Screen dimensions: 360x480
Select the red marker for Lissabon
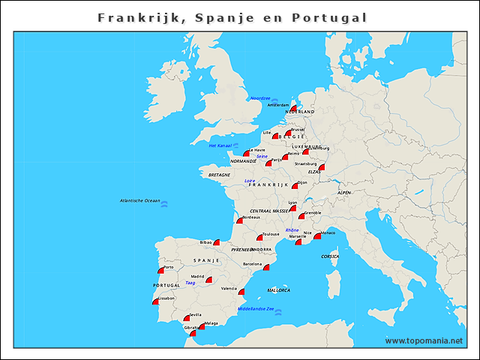click(156, 301)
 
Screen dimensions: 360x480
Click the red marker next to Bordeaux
click(240, 220)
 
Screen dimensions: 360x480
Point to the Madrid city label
click(198, 277)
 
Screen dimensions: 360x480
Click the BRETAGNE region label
click(220, 174)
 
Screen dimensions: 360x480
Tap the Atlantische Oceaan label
click(140, 200)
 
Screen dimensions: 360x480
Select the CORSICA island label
click(330, 256)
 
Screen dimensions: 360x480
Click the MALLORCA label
click(278, 289)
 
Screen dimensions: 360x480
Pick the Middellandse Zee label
click(255, 309)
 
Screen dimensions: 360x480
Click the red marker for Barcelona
click(266, 267)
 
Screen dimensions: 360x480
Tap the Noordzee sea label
click(259, 97)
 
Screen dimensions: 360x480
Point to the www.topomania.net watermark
click(424, 340)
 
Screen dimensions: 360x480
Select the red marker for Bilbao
click(217, 242)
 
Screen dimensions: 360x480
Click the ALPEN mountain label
click(343, 193)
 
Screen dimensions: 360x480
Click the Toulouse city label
click(271, 234)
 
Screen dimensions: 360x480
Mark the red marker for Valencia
click(241, 291)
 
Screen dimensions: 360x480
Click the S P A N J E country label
click(205, 260)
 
